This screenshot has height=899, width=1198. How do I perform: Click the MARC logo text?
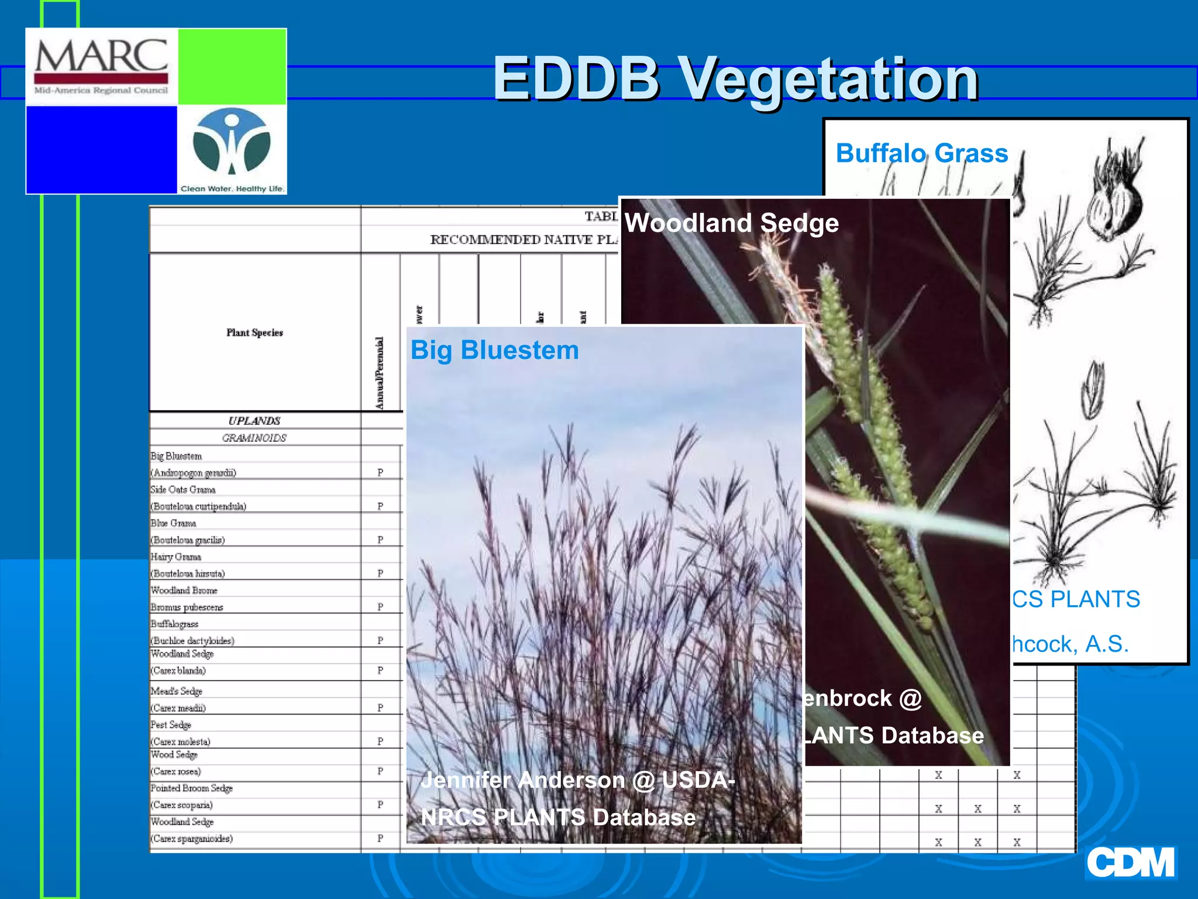[101, 57]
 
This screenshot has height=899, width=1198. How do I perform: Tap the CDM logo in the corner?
[1130, 863]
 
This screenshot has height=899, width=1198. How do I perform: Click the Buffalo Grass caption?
[922, 153]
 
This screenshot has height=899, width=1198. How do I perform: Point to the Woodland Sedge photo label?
[732, 223]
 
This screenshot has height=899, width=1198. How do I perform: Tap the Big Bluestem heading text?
[494, 350]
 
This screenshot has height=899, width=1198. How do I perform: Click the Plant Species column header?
[254, 332]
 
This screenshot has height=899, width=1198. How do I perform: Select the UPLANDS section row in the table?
[254, 421]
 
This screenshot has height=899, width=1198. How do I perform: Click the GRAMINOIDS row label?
[254, 438]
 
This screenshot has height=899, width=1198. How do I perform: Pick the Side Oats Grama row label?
[183, 489]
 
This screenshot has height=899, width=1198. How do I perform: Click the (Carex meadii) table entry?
[178, 708]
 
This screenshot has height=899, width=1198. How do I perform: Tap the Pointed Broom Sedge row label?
[192, 788]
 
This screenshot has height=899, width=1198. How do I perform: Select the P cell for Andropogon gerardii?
[380, 472]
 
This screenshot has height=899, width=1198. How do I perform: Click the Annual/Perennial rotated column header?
[380, 373]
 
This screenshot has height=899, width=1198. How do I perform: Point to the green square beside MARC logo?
[232, 67]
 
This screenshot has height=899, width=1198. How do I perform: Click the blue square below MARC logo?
[101, 149]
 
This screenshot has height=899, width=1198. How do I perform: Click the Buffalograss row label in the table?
[174, 624]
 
